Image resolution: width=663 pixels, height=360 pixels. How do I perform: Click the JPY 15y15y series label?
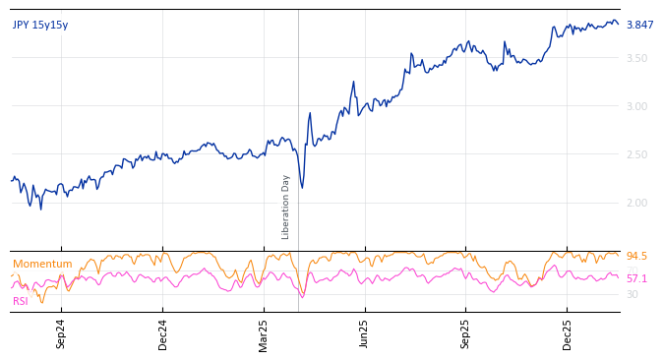coord(40,26)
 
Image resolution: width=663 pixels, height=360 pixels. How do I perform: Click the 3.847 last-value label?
coord(639,26)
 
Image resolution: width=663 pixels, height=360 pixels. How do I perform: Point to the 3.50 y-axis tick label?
coord(637,59)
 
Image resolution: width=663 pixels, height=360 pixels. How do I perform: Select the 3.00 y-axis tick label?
coord(637,107)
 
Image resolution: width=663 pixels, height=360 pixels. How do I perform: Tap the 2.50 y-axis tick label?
coord(637,155)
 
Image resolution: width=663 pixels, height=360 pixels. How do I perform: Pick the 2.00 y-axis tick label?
coord(637,204)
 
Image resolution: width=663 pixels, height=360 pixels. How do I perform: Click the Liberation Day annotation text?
coord(286,207)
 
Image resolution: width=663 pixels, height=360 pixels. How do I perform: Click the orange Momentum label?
coord(42,265)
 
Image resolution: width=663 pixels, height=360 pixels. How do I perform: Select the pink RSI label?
coord(21,302)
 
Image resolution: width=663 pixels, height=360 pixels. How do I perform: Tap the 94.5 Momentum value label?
coord(636,257)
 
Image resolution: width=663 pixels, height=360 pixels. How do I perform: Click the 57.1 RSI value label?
coord(636,279)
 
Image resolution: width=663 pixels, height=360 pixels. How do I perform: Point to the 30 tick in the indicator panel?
coord(633,294)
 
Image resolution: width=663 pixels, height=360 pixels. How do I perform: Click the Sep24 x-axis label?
coord(61,333)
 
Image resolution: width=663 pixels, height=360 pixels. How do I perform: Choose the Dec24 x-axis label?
coord(163,333)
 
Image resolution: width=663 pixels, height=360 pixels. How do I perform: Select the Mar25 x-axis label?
coord(264,333)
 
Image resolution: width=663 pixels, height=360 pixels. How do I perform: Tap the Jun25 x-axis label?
coord(365,333)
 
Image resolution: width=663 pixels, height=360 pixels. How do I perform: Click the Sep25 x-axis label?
coord(466,333)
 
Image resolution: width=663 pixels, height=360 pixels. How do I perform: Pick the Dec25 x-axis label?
coord(568,333)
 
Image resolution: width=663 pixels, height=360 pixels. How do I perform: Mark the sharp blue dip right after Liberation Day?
coord(302,188)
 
